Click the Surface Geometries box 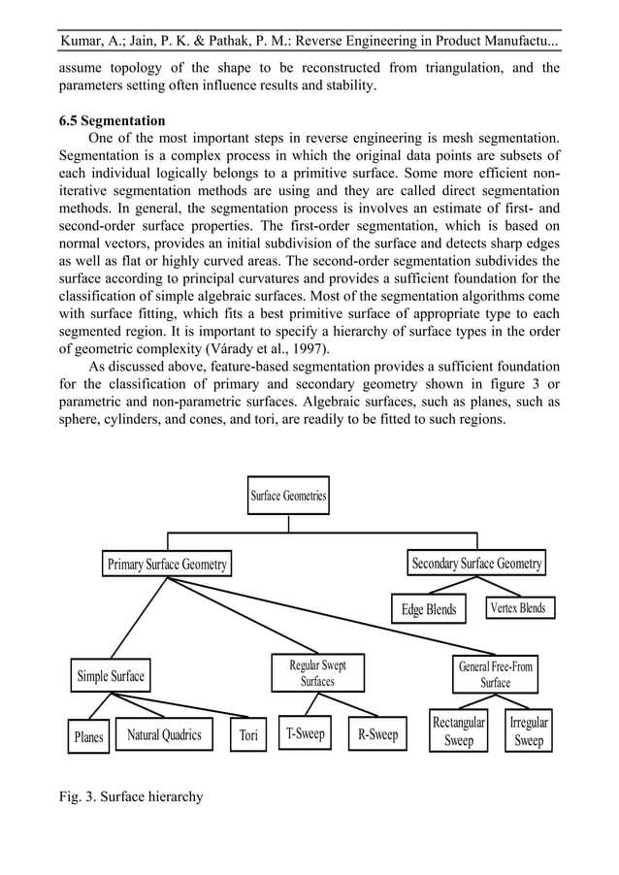coord(289,496)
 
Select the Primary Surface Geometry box coord(168,565)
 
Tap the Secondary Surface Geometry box coord(476,564)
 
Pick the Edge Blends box coord(429,609)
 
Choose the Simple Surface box coord(111,676)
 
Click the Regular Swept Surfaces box coord(317,673)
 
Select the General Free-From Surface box coord(495,674)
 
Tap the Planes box coord(88,737)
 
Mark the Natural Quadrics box coord(164,735)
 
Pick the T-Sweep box coord(305,734)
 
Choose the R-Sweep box coord(377,734)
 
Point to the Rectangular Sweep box coord(459,731)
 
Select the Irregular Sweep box coord(529,731)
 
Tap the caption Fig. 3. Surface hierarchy coord(131,796)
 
